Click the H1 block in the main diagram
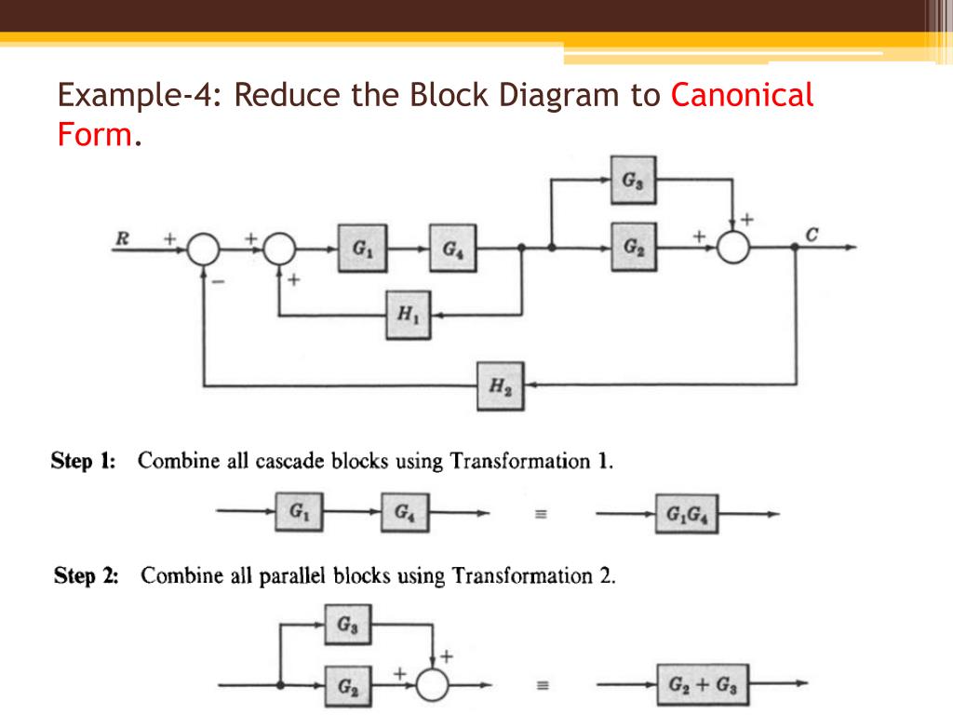point(409,316)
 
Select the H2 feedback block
point(501,386)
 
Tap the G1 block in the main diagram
point(359,249)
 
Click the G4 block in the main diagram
point(451,249)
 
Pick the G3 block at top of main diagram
point(633,180)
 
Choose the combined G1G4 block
point(686,514)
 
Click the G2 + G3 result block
point(703,685)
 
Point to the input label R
point(121,238)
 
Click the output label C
point(812,235)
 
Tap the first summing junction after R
point(204,249)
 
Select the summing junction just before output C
point(735,249)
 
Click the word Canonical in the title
point(742,95)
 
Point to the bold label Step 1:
point(84,462)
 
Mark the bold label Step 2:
point(86,576)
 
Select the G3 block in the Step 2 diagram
point(347,625)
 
